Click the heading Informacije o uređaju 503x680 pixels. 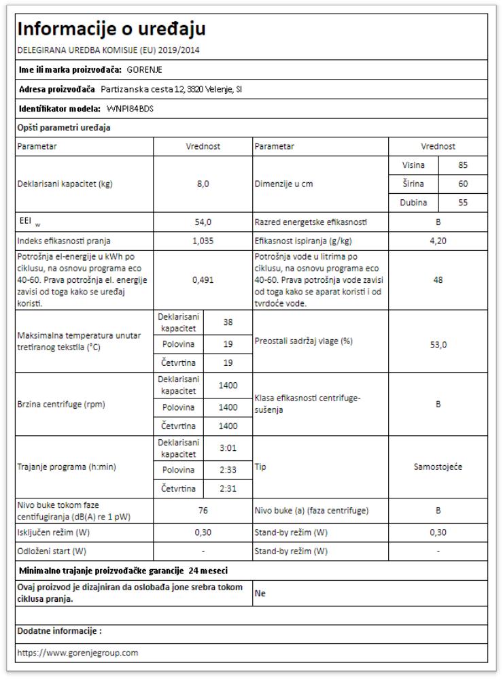[x=111, y=29]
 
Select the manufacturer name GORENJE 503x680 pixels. [x=145, y=69]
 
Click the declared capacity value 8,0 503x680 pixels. [x=203, y=184]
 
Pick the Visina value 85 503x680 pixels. [x=463, y=165]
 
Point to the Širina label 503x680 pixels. [x=414, y=184]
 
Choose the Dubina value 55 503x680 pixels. [x=463, y=203]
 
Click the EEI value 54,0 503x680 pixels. [x=203, y=222]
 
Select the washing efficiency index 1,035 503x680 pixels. [x=203, y=240]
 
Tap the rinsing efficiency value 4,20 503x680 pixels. [x=438, y=240]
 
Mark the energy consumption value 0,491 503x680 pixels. [x=203, y=280]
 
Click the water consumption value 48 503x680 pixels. [x=438, y=280]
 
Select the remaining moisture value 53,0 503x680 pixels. [x=438, y=345]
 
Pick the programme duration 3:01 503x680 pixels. [x=228, y=448]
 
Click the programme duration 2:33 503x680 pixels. [x=228, y=470]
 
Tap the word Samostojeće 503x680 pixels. [x=438, y=467]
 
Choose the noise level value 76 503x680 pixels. [x=203, y=510]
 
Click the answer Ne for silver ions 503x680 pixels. [x=260, y=594]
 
